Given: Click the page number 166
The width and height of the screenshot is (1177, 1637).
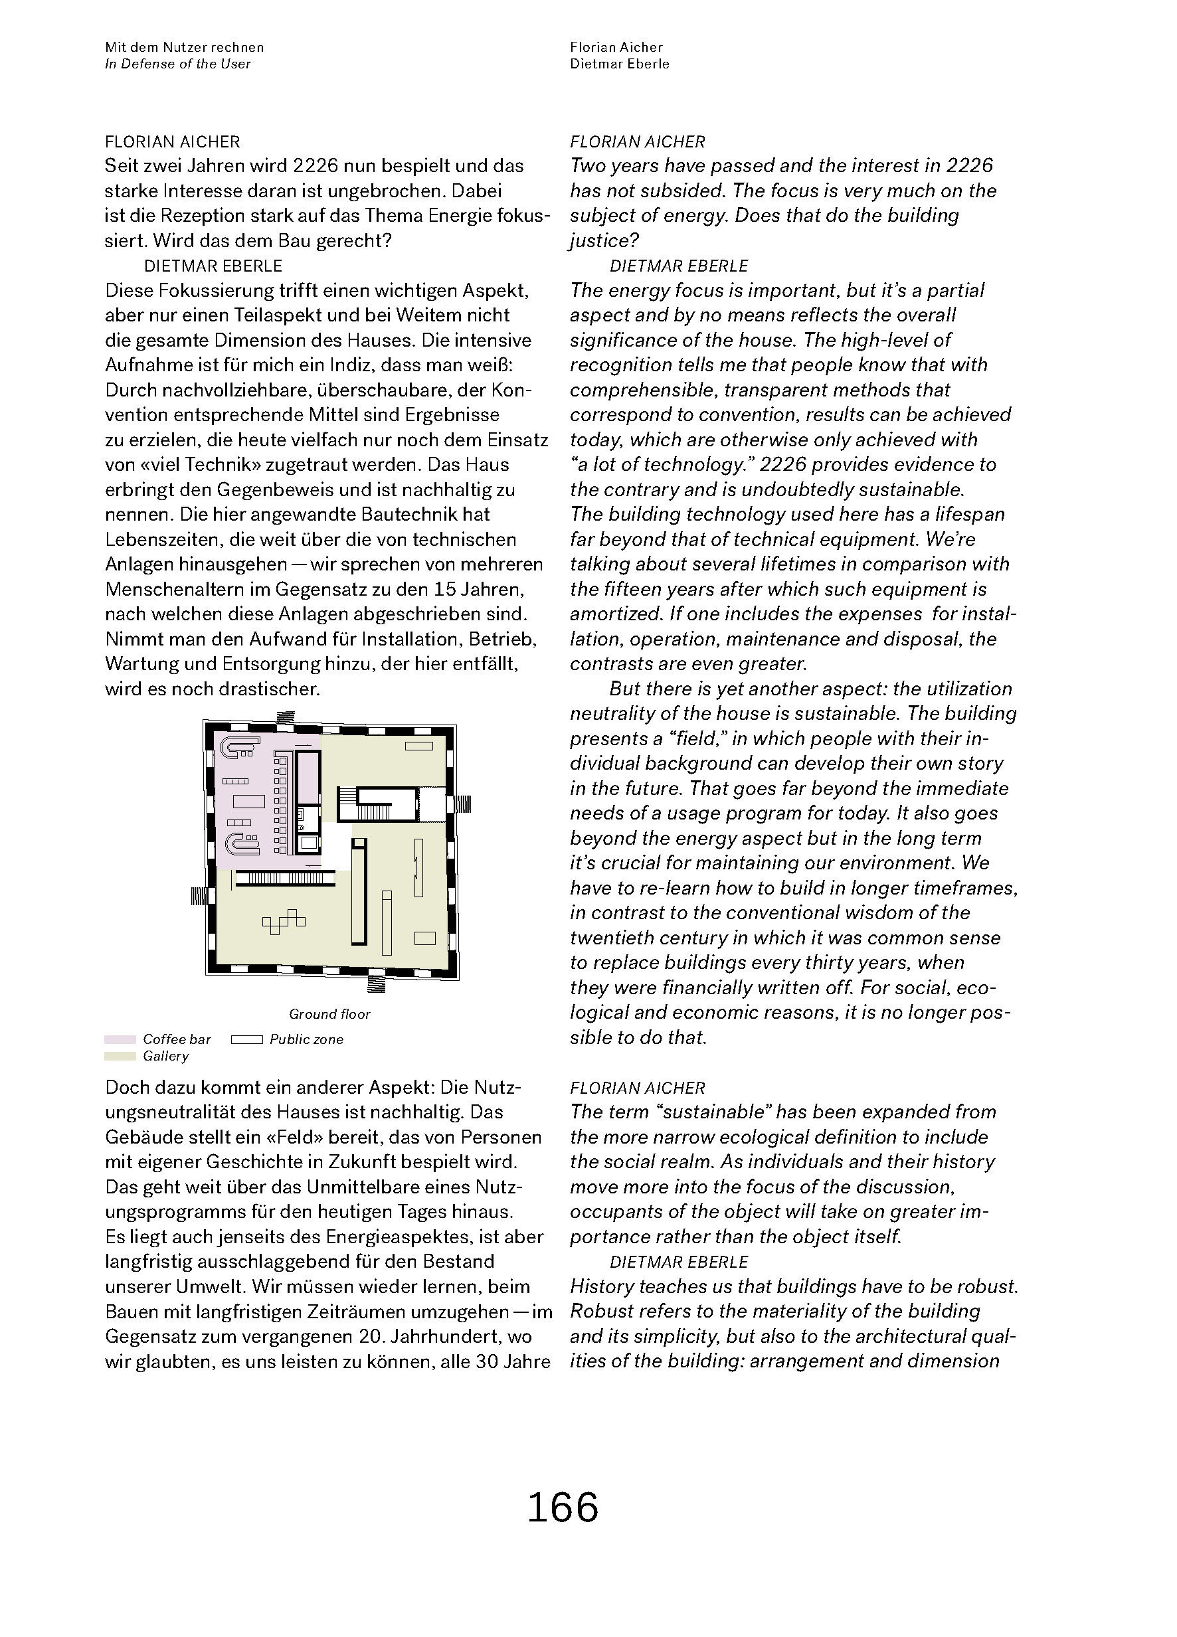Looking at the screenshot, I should tap(563, 1507).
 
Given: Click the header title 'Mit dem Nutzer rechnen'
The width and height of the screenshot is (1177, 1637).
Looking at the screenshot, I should tap(184, 47).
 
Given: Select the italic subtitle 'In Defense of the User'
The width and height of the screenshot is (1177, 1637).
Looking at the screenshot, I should tap(177, 64).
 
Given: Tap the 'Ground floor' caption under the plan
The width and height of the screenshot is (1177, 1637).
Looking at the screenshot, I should tap(329, 1014).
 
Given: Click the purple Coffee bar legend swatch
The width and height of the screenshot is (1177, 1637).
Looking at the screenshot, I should tap(120, 1039).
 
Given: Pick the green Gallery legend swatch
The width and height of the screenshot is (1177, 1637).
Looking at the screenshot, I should tap(120, 1056).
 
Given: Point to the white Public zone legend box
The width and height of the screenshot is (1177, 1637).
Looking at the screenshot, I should tap(246, 1039).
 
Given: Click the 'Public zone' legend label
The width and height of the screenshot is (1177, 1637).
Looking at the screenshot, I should tap(306, 1039).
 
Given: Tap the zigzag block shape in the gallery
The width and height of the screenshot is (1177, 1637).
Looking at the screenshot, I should tap(283, 921).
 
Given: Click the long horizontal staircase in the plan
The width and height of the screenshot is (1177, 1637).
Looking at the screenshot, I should tap(286, 878).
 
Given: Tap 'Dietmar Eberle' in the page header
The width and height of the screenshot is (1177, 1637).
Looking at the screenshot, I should tap(620, 64).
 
